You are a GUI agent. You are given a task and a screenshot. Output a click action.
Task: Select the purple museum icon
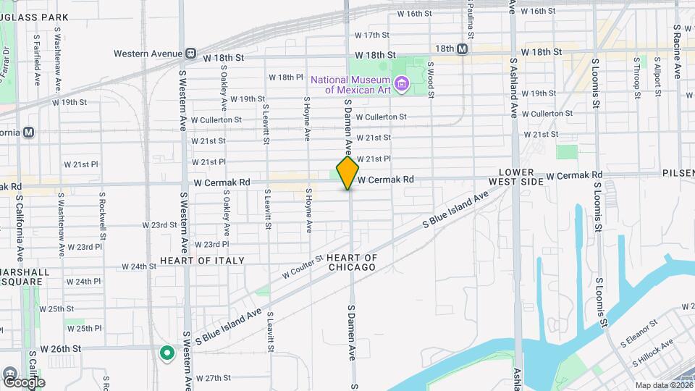pyautogui.click(x=403, y=85)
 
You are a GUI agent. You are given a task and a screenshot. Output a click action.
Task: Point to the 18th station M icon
pyautogui.click(x=462, y=49)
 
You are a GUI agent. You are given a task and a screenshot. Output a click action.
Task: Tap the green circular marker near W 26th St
pyautogui.click(x=167, y=353)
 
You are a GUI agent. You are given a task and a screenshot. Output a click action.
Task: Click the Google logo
pyautogui.click(x=23, y=382)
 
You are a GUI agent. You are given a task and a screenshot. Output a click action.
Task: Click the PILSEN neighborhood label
pyautogui.click(x=678, y=174)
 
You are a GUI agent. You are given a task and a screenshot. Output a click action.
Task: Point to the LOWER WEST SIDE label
pyautogui.click(x=515, y=177)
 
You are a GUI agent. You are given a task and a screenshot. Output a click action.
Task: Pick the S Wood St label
pyautogui.click(x=430, y=79)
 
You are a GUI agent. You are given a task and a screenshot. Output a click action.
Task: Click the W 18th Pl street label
pyautogui.click(x=285, y=77)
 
